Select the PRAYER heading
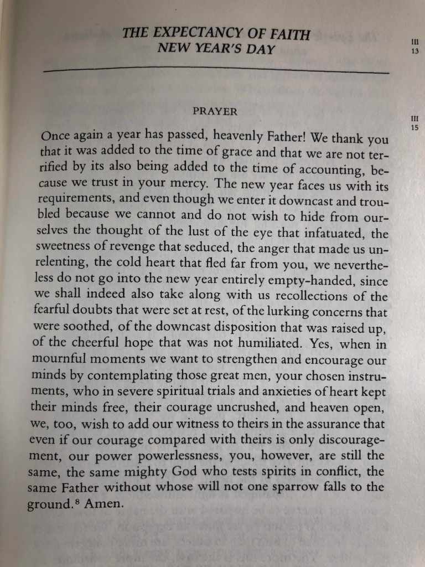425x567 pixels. [215, 111]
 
